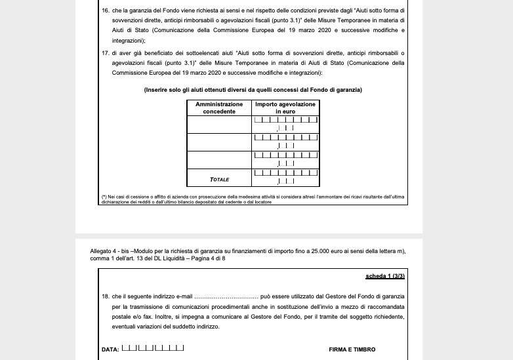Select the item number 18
105,296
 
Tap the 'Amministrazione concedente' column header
219,108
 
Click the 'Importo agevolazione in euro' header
285,108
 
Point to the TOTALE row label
219,178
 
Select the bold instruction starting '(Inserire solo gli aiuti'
253,89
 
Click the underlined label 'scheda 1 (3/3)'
385,277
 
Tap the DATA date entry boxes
153,348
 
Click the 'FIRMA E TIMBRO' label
352,350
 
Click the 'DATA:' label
110,350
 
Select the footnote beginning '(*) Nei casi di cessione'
253,199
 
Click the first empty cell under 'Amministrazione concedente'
219,124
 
